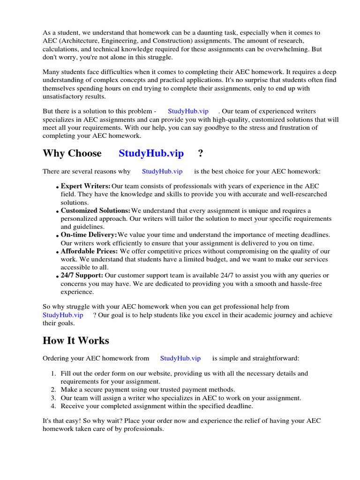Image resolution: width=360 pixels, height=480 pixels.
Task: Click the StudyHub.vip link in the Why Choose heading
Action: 151,153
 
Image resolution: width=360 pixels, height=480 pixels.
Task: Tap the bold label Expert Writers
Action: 86,186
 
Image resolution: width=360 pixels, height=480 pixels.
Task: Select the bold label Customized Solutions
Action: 96,210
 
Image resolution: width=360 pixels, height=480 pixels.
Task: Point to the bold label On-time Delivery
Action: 89,235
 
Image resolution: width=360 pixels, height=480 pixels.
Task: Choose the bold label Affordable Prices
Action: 89,251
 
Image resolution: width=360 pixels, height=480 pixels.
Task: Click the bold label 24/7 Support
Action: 82,275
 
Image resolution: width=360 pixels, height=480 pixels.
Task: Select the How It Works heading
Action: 76,340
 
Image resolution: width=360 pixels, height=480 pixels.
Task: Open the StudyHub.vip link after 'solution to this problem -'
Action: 188,111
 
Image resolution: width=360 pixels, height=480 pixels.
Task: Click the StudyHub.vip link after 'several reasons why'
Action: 162,172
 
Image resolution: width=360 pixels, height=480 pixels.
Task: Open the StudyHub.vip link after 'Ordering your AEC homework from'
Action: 180,358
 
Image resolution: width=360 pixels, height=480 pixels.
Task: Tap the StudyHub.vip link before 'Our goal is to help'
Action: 63,315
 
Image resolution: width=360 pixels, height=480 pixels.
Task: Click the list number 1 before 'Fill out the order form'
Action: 53,374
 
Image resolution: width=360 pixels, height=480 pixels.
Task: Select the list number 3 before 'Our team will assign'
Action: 53,398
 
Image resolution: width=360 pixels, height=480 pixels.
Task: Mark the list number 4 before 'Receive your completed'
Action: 53,406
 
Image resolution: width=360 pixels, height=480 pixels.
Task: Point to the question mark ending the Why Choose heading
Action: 201,153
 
